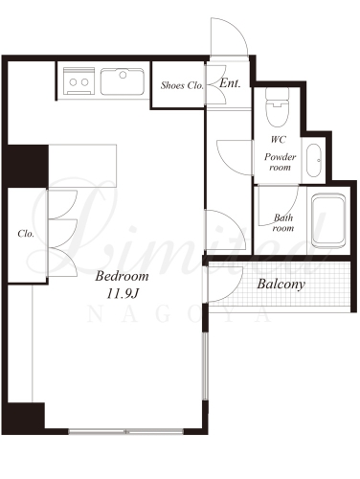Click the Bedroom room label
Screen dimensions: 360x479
122,276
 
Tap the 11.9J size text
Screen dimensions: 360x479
123,293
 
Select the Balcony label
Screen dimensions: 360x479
281,284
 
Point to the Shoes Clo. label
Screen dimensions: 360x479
182,85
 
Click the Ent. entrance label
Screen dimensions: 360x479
230,83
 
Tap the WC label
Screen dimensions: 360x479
279,140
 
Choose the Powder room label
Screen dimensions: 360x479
280,162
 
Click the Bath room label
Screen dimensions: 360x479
283,222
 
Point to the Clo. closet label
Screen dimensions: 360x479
26,234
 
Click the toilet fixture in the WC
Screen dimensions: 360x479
278,107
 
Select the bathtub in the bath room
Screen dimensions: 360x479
328,220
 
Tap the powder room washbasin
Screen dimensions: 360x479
313,160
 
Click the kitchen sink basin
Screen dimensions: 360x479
123,81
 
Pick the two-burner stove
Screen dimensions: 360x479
79,80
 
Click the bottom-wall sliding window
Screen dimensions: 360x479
126,431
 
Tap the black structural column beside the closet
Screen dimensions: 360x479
28,166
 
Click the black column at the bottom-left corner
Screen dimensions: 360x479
26,416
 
